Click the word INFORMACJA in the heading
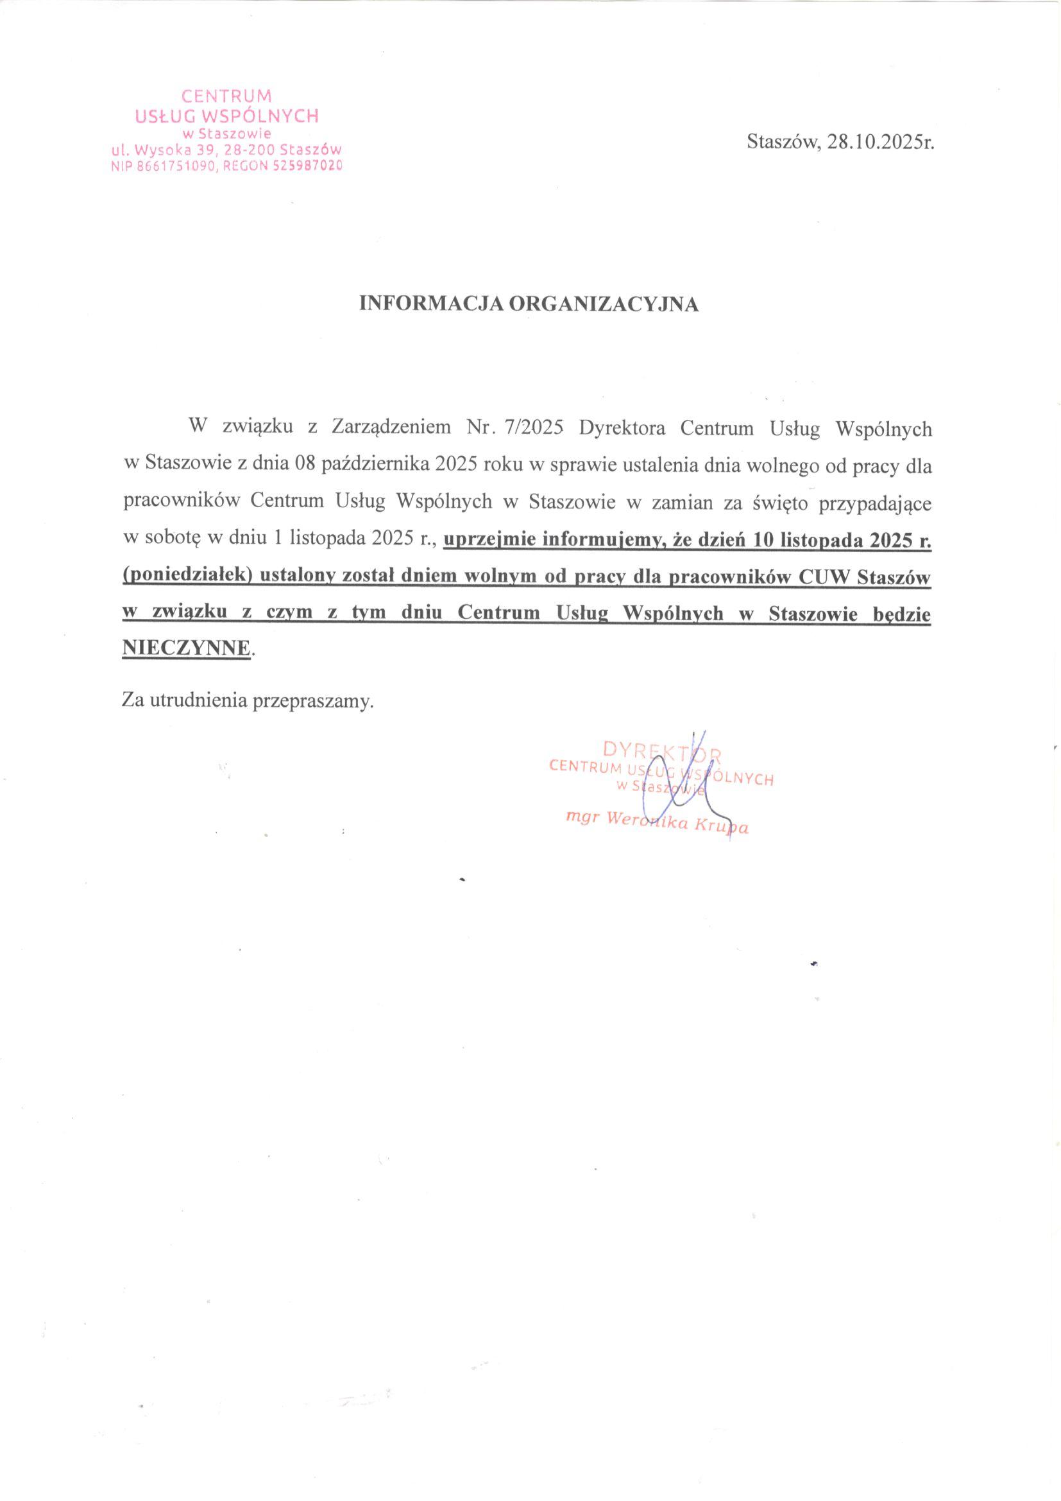pos(429,305)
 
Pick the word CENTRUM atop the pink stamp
pos(225,96)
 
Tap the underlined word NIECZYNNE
pos(186,648)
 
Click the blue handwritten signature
pos(679,778)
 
